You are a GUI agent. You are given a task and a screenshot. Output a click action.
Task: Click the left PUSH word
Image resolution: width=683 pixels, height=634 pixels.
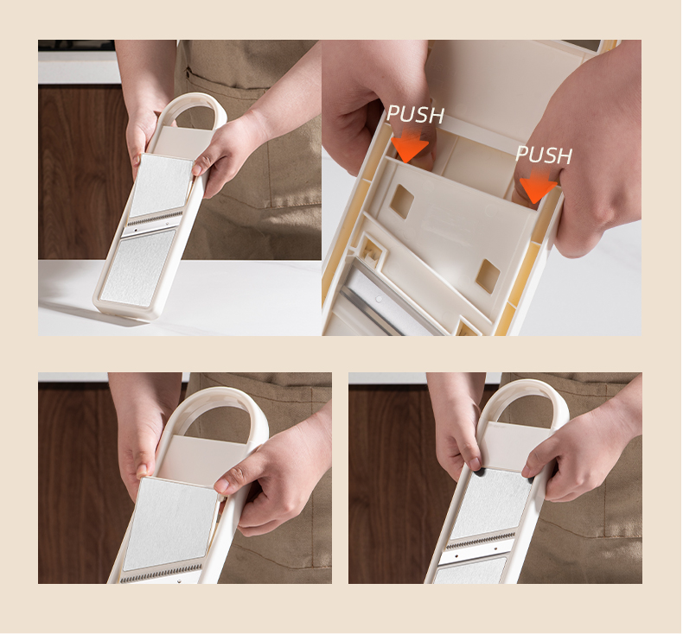click(415, 114)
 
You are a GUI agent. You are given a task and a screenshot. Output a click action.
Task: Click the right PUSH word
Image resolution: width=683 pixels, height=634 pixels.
click(544, 155)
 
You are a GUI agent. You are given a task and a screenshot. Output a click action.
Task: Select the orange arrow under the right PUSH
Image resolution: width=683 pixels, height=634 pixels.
click(537, 187)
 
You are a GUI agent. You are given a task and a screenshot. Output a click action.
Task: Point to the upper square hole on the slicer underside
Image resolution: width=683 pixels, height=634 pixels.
click(402, 200)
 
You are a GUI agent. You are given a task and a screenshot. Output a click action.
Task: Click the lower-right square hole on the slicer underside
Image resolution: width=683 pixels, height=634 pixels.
click(488, 276)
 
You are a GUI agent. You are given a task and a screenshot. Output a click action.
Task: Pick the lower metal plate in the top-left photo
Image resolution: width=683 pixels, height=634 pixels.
click(138, 267)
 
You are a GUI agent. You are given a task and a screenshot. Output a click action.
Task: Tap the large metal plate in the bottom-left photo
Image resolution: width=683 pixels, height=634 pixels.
click(171, 523)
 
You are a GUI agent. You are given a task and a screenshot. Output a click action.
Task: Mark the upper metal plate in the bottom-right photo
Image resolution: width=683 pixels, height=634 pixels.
click(491, 505)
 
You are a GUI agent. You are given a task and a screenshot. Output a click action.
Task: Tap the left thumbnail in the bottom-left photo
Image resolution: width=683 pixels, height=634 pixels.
click(142, 470)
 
